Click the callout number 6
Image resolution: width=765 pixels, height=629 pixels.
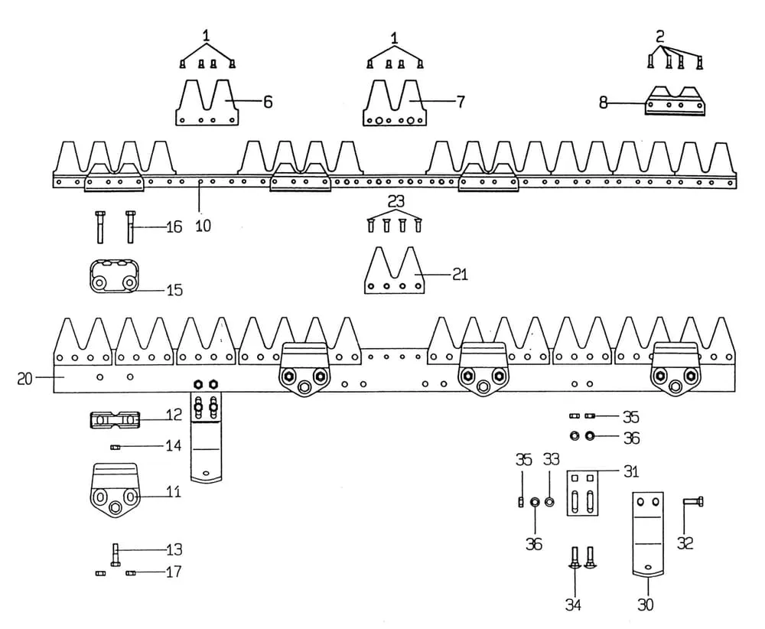pyautogui.click(x=268, y=101)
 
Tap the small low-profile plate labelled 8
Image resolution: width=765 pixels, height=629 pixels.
pyautogui.click(x=675, y=102)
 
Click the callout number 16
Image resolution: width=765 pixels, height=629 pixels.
pyautogui.click(x=174, y=227)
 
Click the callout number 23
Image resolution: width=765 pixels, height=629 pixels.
pyautogui.click(x=396, y=203)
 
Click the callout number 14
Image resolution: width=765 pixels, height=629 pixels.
pyautogui.click(x=174, y=445)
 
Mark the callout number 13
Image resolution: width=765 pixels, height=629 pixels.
pyautogui.click(x=174, y=549)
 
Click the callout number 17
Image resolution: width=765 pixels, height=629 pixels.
pyautogui.click(x=174, y=572)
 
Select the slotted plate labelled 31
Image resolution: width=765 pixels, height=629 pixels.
pyautogui.click(x=582, y=494)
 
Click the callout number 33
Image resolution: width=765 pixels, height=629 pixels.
pyautogui.click(x=551, y=460)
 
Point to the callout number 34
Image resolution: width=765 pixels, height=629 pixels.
pyautogui.click(x=572, y=605)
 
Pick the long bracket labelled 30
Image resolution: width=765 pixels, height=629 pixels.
pyautogui.click(x=646, y=532)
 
